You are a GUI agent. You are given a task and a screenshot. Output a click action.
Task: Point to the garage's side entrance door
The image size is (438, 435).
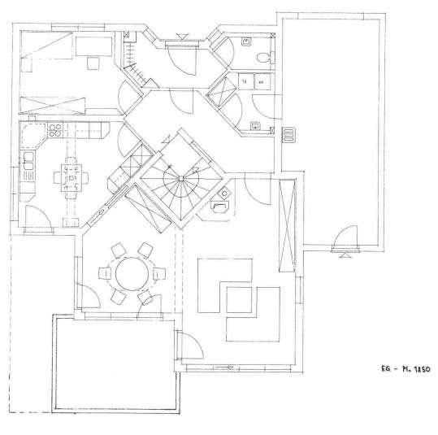coord(344,241)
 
